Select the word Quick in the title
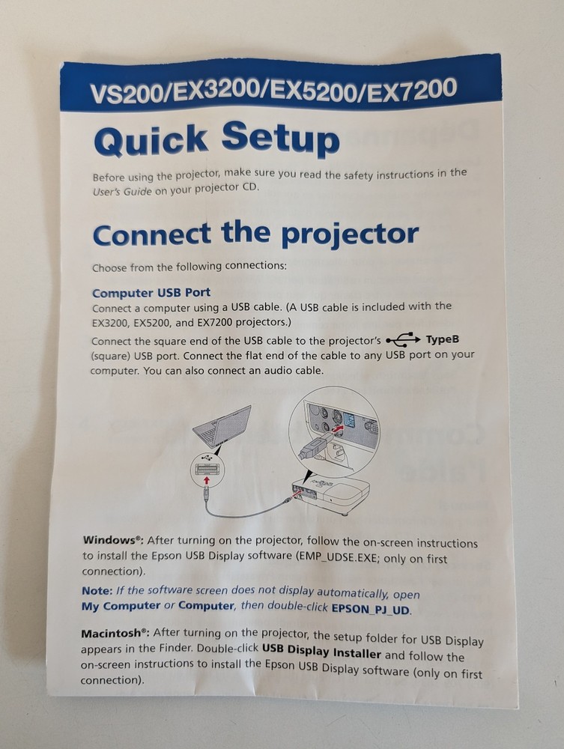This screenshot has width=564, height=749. point(150,141)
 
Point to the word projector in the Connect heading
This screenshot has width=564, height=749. point(349,234)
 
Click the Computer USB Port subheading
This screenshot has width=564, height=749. point(151,292)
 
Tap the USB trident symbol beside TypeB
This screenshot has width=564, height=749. point(403,340)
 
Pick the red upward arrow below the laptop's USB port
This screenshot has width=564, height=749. point(207,480)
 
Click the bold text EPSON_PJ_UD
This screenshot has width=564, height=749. point(371,609)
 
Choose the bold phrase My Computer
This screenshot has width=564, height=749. point(121,605)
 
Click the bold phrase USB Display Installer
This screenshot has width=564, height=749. point(321,652)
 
